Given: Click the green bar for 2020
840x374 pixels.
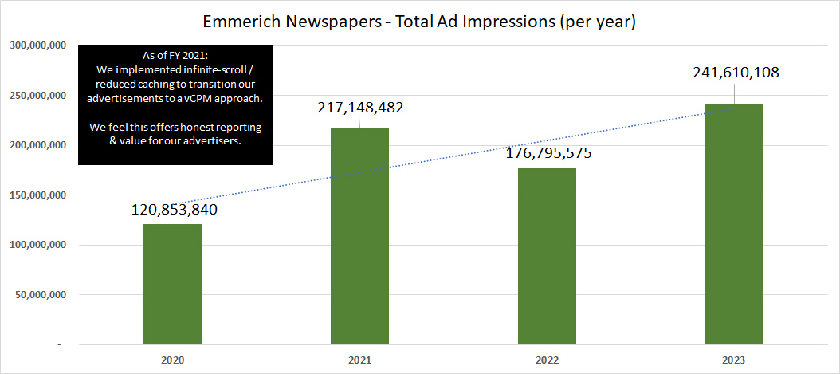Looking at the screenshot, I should (x=173, y=285).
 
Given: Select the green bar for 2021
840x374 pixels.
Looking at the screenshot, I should (x=360, y=237).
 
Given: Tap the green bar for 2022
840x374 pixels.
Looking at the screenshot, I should (x=548, y=257).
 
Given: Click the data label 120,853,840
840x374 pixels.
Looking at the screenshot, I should (x=175, y=211).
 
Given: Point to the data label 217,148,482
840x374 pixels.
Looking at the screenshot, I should (x=361, y=107).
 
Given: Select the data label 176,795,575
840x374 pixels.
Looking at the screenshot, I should (x=549, y=154).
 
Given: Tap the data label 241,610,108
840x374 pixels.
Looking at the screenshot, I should (x=736, y=72).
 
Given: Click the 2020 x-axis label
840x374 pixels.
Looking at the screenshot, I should (x=172, y=360).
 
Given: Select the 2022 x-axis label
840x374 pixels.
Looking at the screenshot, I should (x=548, y=360).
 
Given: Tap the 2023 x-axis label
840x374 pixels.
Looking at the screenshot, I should (x=734, y=360).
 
